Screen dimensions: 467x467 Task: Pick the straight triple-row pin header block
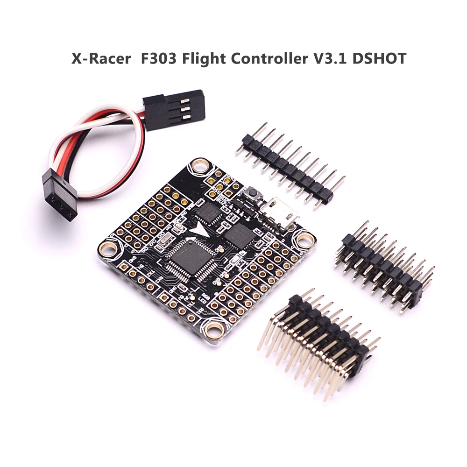point(383,266)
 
